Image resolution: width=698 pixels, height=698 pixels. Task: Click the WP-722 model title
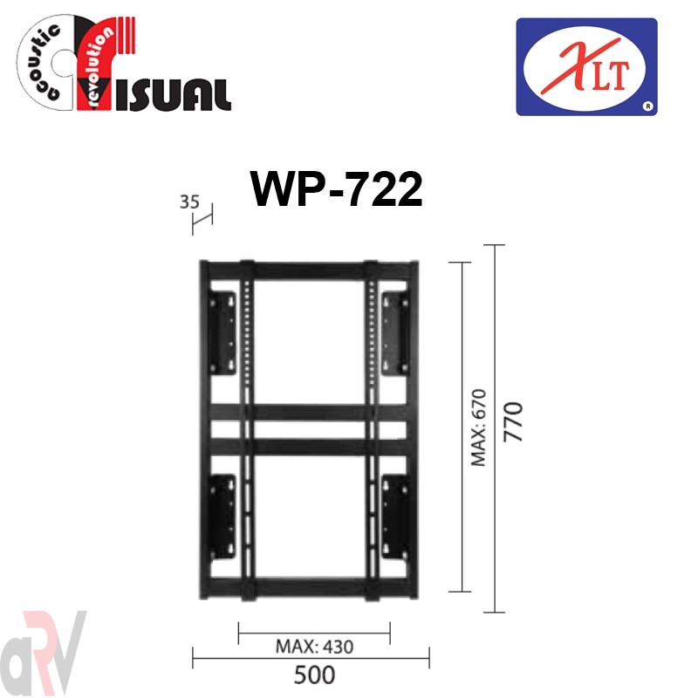click(337, 189)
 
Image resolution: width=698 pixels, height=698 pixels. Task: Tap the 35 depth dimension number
click(189, 202)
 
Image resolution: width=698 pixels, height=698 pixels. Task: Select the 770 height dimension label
click(513, 421)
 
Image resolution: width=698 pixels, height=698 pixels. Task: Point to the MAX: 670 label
click(479, 428)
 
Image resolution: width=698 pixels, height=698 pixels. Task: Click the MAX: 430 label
click(315, 647)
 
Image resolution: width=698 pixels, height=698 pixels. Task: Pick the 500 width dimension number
click(314, 674)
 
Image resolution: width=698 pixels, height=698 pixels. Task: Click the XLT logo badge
click(586, 67)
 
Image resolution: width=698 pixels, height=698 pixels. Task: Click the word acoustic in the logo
click(41, 61)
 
